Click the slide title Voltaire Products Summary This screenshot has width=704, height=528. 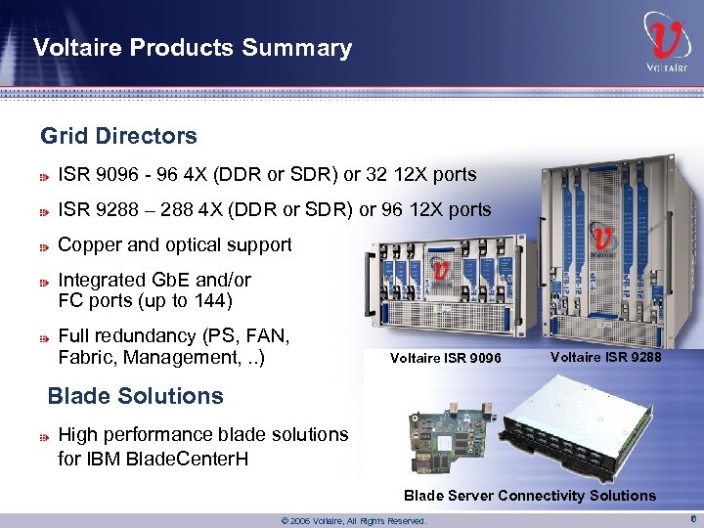pos(192,48)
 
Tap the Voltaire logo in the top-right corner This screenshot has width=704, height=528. pos(666,44)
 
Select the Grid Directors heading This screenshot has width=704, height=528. pos(118,136)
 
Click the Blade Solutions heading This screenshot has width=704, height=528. pos(135,396)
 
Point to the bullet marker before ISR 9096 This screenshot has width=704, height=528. pos(45,177)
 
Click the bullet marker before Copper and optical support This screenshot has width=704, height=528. pos(45,246)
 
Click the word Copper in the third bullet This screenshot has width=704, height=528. pos(90,245)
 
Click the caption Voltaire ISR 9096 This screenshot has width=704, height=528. pos(445,359)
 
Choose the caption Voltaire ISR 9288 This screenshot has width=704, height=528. pos(605,357)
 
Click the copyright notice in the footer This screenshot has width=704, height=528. pos(353,521)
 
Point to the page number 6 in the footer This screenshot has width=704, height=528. pos(690,519)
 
